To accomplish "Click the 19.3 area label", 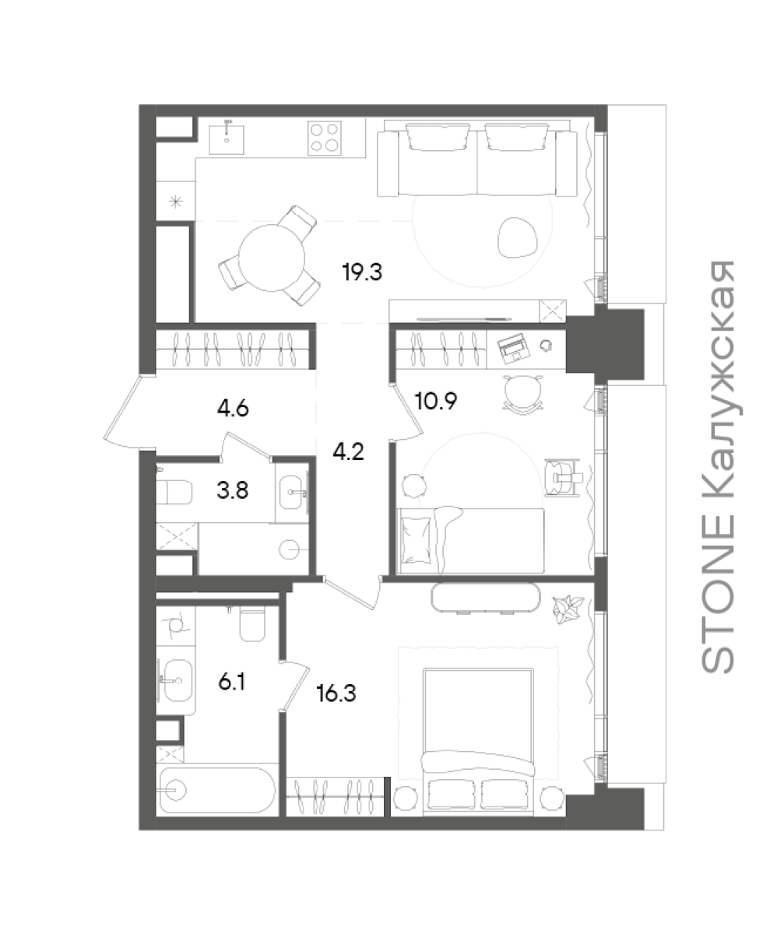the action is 362,272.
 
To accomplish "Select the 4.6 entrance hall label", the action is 233,409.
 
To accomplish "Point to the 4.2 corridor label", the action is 348,451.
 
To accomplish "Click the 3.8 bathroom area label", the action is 232,490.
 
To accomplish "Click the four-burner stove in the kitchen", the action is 325,139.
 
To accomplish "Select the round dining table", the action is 271,258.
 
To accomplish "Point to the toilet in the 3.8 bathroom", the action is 174,493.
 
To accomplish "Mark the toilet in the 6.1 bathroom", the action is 252,623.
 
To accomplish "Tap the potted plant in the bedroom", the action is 568,609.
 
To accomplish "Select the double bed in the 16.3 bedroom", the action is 478,738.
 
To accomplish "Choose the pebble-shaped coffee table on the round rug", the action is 518,237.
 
